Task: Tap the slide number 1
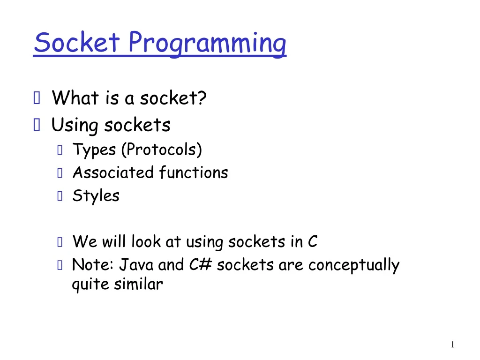(452, 345)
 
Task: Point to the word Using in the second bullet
(75, 126)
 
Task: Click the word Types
(94, 150)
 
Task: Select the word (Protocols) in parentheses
(161, 150)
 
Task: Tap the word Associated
(113, 172)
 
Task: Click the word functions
(193, 172)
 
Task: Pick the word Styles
(96, 196)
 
